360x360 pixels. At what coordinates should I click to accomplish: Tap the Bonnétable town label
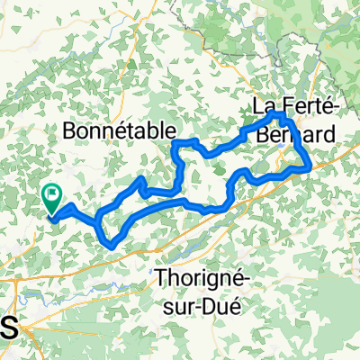click(119, 131)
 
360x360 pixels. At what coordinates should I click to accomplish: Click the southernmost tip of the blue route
click(110, 245)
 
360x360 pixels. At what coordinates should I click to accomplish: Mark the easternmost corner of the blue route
click(310, 166)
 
